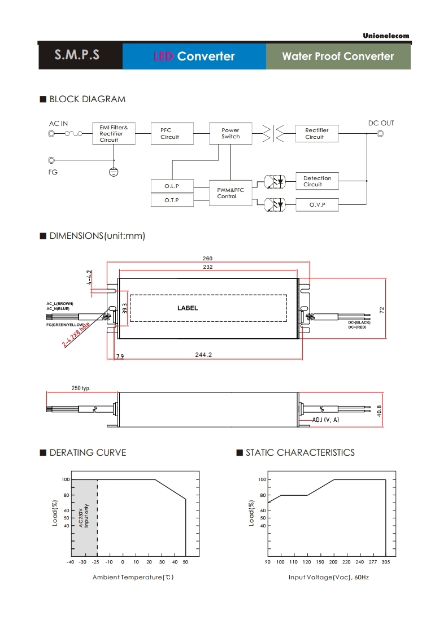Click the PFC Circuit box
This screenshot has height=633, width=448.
(169, 134)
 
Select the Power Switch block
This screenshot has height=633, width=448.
(230, 133)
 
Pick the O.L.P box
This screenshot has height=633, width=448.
(172, 186)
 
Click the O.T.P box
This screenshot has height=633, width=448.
(172, 200)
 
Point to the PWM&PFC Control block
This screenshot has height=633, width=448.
(230, 193)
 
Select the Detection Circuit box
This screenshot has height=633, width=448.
(317, 181)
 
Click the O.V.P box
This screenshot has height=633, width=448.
(317, 204)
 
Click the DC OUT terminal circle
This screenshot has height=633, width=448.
(380, 134)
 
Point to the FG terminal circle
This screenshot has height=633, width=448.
(53, 160)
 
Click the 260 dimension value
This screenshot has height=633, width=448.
(208, 259)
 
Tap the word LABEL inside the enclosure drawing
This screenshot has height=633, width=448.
(188, 308)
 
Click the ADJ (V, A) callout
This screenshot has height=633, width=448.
(326, 420)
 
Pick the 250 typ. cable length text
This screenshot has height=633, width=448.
(81, 388)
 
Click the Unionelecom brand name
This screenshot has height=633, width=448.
(386, 36)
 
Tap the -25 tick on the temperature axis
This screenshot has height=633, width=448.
(97, 562)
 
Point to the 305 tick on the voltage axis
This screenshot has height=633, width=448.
(386, 562)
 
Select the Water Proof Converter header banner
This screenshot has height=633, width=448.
(338, 56)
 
